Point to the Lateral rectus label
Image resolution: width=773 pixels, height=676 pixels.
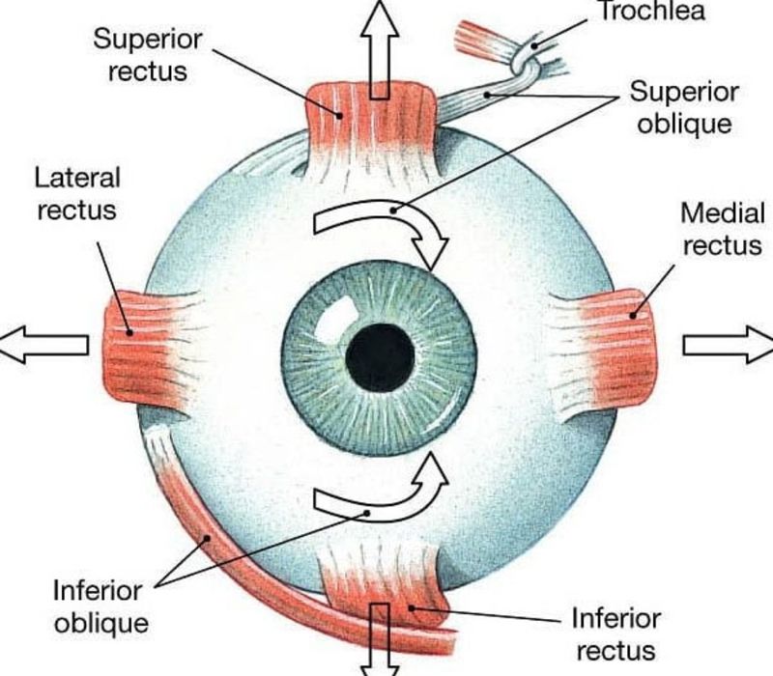pos(76,192)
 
